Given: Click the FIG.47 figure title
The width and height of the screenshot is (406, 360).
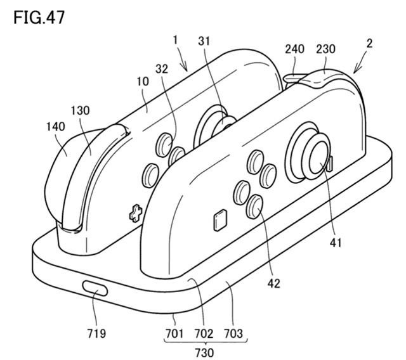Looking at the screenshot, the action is [39, 18].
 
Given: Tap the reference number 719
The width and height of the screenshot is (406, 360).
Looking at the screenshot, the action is [96, 333].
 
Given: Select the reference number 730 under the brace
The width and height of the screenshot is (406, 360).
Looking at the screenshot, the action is [204, 353].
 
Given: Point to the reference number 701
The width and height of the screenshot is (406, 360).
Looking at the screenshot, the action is [174, 333].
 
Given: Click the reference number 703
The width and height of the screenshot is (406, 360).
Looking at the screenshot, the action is [233, 333].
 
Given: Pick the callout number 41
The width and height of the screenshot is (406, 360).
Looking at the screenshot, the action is [336, 243].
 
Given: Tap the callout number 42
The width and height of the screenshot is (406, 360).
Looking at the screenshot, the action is [273, 284].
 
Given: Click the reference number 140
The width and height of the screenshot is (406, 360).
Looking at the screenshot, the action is [55, 127].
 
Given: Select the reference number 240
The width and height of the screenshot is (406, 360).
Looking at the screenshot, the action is [294, 49].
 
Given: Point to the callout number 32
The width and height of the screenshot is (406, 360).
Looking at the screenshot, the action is [162, 69].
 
